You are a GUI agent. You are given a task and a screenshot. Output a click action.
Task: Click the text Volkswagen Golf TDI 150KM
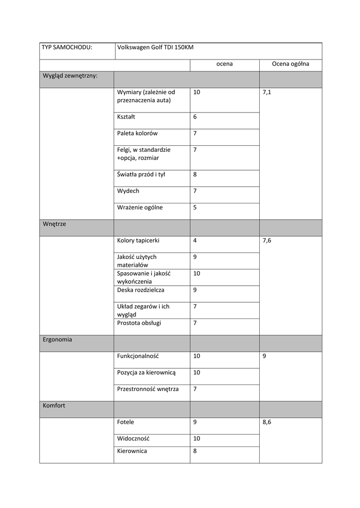click(155, 48)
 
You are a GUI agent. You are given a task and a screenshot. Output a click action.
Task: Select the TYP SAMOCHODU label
click(67, 48)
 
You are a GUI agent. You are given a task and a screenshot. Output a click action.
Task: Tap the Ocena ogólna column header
click(290, 64)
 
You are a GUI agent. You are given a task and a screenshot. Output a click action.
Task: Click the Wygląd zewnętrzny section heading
click(70, 76)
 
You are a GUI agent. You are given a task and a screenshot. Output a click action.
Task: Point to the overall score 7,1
click(267, 92)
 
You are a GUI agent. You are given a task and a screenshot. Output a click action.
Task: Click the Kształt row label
click(126, 117)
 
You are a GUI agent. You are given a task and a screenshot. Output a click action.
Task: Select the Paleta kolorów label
click(138, 133)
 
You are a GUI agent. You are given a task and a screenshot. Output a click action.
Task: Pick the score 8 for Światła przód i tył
click(195, 174)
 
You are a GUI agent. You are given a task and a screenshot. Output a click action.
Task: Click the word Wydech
click(128, 190)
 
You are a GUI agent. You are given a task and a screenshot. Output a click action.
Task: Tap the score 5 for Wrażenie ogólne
click(195, 207)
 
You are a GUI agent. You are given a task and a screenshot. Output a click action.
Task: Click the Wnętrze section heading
click(54, 224)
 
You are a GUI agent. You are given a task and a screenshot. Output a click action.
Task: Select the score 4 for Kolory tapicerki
click(195, 241)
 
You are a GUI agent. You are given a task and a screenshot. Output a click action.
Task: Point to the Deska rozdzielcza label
click(141, 290)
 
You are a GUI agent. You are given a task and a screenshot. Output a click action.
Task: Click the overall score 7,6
click(267, 241)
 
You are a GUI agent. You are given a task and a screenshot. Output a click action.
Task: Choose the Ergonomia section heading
click(58, 340)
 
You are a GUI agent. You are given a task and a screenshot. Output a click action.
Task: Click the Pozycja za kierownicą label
click(146, 373)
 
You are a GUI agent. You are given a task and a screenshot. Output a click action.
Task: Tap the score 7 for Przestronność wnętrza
click(195, 389)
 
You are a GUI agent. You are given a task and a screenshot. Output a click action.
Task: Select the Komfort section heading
click(54, 405)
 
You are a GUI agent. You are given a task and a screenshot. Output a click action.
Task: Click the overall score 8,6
click(267, 422)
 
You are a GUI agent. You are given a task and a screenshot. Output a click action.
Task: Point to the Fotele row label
click(126, 422)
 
